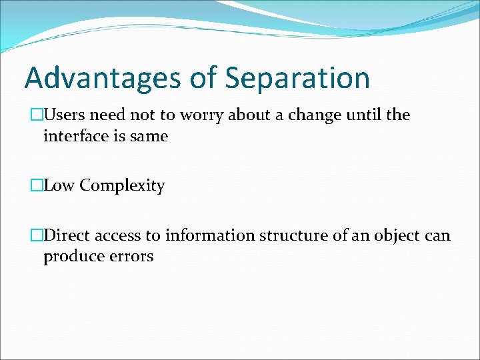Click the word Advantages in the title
[x=103, y=77]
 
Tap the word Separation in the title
[x=297, y=77]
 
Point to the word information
[x=209, y=235]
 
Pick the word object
[x=395, y=235]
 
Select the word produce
[x=70, y=257]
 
